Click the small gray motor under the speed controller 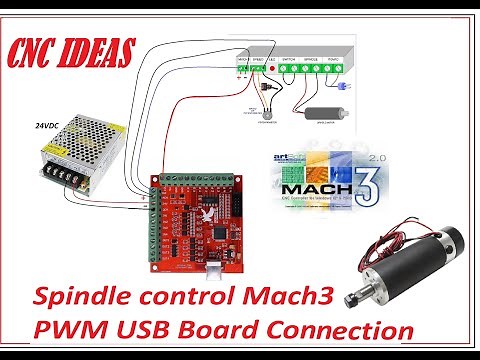coord(321,112)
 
